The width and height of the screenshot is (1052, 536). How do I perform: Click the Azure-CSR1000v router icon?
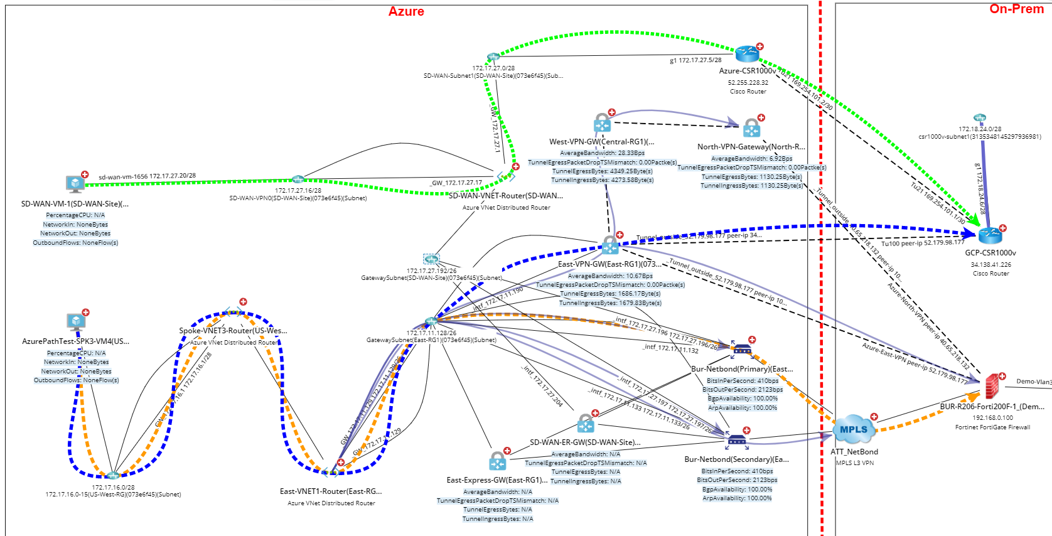tap(747, 54)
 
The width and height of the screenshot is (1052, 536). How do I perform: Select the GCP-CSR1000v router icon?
tap(990, 235)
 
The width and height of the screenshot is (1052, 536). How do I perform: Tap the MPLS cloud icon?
tap(854, 430)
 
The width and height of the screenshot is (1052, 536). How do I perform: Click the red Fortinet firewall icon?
tap(991, 385)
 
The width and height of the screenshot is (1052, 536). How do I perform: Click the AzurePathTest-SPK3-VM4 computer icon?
tap(76, 322)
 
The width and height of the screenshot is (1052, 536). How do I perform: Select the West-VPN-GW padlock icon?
tap(602, 123)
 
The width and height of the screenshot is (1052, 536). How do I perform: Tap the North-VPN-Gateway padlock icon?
tap(751, 128)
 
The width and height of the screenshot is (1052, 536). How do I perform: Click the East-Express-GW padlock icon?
tap(497, 461)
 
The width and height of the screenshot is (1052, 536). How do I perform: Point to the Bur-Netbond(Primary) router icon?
tap(742, 349)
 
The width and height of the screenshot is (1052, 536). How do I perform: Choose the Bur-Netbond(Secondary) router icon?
tap(736, 441)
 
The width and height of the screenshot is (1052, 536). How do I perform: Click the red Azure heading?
tap(406, 11)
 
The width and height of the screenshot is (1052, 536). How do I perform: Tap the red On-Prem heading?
tap(1016, 9)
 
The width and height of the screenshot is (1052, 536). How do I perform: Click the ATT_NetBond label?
tap(854, 452)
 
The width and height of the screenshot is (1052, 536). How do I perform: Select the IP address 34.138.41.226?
tap(990, 265)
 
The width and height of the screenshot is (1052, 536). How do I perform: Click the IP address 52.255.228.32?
tap(748, 82)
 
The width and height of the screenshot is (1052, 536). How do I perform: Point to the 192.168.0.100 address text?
tap(992, 417)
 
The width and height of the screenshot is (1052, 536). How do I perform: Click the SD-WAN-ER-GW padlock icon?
tap(585, 424)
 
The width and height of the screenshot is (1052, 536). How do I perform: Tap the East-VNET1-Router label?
tap(330, 491)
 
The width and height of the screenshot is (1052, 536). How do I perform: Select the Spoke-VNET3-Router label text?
tap(233, 331)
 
